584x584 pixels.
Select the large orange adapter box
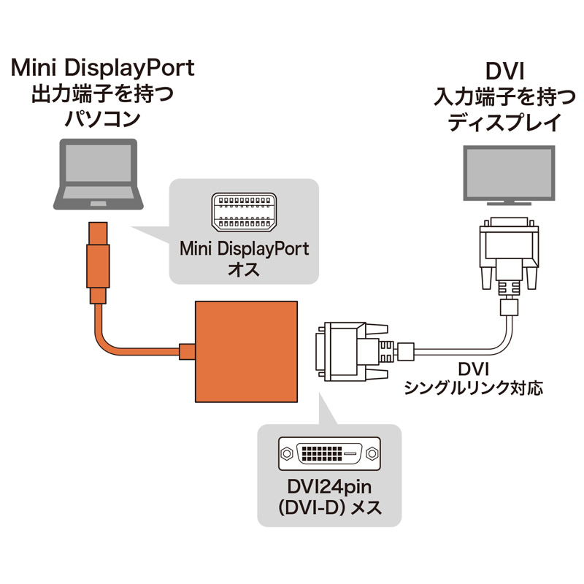pos(247,351)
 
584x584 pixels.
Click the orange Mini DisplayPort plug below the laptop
pos(97,259)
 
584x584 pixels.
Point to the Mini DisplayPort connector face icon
pos(244,212)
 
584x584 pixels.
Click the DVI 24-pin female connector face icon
pos(329,454)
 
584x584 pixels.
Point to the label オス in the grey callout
pos(244,270)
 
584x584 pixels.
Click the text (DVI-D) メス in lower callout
pos(331,507)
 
